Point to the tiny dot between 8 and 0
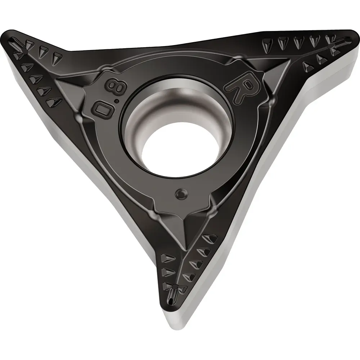[x=117, y=101]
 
